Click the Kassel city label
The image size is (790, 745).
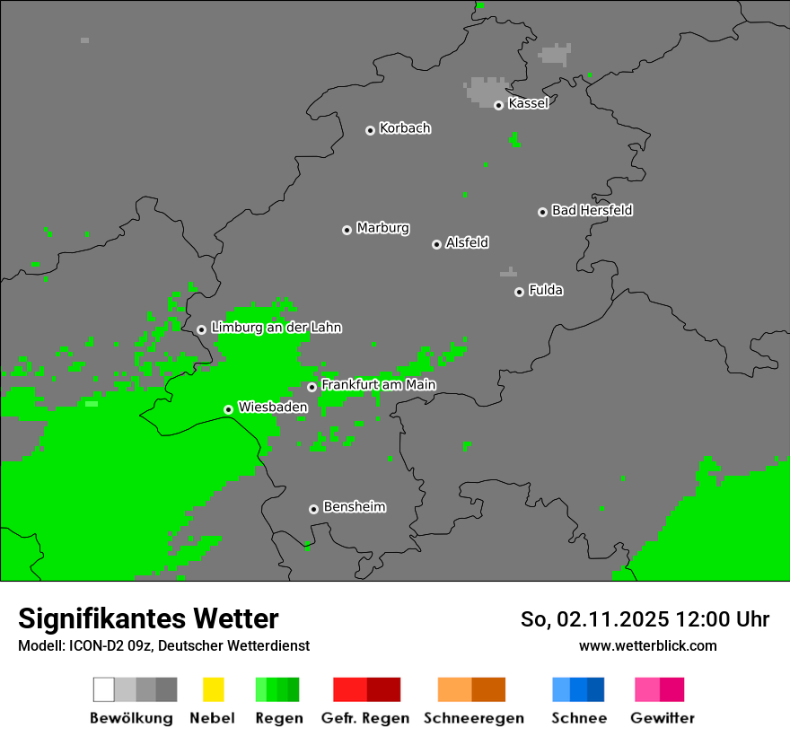coord(528,103)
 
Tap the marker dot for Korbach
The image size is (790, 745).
coord(370,130)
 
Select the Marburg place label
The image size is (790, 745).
coord(382,228)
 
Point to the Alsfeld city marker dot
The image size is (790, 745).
coord(436,244)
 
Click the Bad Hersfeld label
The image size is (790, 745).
coord(592,210)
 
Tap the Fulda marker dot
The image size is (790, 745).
coord(519,292)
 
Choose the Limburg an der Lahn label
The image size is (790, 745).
coord(276,328)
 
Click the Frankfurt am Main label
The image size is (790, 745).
coord(378,384)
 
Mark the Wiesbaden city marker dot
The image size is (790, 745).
coord(228,409)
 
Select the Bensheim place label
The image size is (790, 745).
coord(354,506)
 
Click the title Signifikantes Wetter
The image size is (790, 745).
coord(148,618)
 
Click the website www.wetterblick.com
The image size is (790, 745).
coord(647,645)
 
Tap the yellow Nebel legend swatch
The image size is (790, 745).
coord(213,689)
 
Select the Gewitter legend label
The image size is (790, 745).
coord(663,718)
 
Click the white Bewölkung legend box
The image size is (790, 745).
coord(104,689)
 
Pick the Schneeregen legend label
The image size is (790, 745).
coord(473,718)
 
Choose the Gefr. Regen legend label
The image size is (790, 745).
coord(364,718)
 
